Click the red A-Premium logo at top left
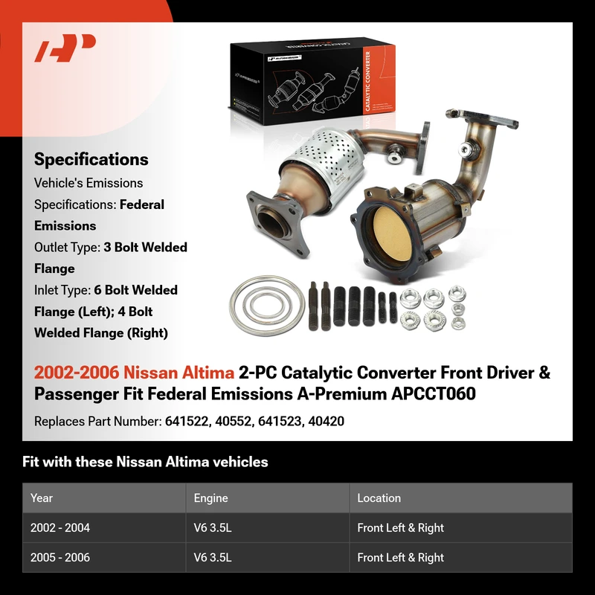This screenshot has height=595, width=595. click(65, 48)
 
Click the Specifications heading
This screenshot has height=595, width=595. click(91, 159)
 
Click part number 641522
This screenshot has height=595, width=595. click(187, 421)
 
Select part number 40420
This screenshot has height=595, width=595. click(326, 421)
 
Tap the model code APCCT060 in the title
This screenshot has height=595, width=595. click(434, 393)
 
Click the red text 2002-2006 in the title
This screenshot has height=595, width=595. click(77, 373)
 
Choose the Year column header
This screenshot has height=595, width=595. click(42, 498)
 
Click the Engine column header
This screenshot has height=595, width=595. click(210, 498)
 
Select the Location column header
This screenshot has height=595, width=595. click(379, 498)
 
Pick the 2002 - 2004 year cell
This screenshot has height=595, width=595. click(60, 527)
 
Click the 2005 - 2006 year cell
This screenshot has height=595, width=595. click(60, 557)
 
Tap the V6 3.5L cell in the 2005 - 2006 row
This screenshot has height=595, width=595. click(213, 557)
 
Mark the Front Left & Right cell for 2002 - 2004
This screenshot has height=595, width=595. click(400, 527)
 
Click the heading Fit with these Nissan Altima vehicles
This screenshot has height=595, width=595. click(145, 462)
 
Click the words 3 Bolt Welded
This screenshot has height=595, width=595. click(145, 248)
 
